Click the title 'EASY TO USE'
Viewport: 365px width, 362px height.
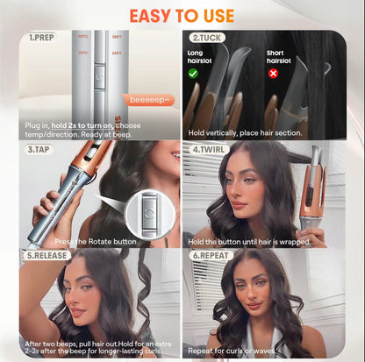[x=182, y=16]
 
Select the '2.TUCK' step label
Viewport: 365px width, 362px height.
[x=208, y=39]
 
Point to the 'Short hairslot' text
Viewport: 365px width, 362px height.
[x=281, y=57]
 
